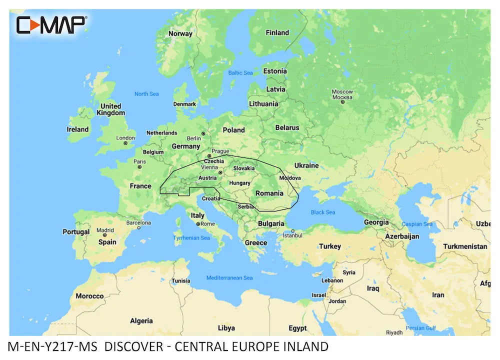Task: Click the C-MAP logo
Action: [51, 24]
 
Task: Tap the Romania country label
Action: [269, 193]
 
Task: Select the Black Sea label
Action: [323, 212]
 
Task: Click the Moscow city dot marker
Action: [342, 102]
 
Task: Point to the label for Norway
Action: [180, 34]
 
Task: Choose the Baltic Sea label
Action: [240, 73]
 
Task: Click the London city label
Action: [125, 138]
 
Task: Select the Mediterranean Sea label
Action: [229, 278]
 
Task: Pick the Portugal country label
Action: [76, 232]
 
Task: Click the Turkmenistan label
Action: [465, 246]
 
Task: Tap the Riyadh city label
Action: [394, 332]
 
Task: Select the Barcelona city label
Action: [138, 222]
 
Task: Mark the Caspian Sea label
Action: [417, 224]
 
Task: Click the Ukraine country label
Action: [306, 165]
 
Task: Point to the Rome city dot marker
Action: [198, 224]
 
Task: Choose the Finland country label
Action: [277, 33]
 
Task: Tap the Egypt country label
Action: [297, 328]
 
